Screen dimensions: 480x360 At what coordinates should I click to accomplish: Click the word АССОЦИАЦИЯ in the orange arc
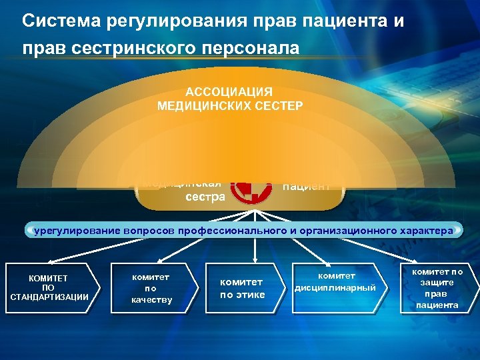pyautogui.click(x=229, y=92)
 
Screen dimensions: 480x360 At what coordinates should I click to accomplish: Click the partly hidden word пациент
pyautogui.click(x=306, y=187)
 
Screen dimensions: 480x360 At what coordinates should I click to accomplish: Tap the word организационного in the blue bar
pyautogui.click(x=337, y=231)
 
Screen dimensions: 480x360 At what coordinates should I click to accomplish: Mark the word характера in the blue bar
pyautogui.click(x=424, y=231)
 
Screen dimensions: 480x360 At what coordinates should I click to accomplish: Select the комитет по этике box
pyautogui.click(x=243, y=289)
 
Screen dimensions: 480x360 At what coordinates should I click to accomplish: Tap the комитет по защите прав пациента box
pyautogui.click(x=437, y=288)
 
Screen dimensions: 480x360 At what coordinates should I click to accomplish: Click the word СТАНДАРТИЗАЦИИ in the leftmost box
pyautogui.click(x=49, y=297)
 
